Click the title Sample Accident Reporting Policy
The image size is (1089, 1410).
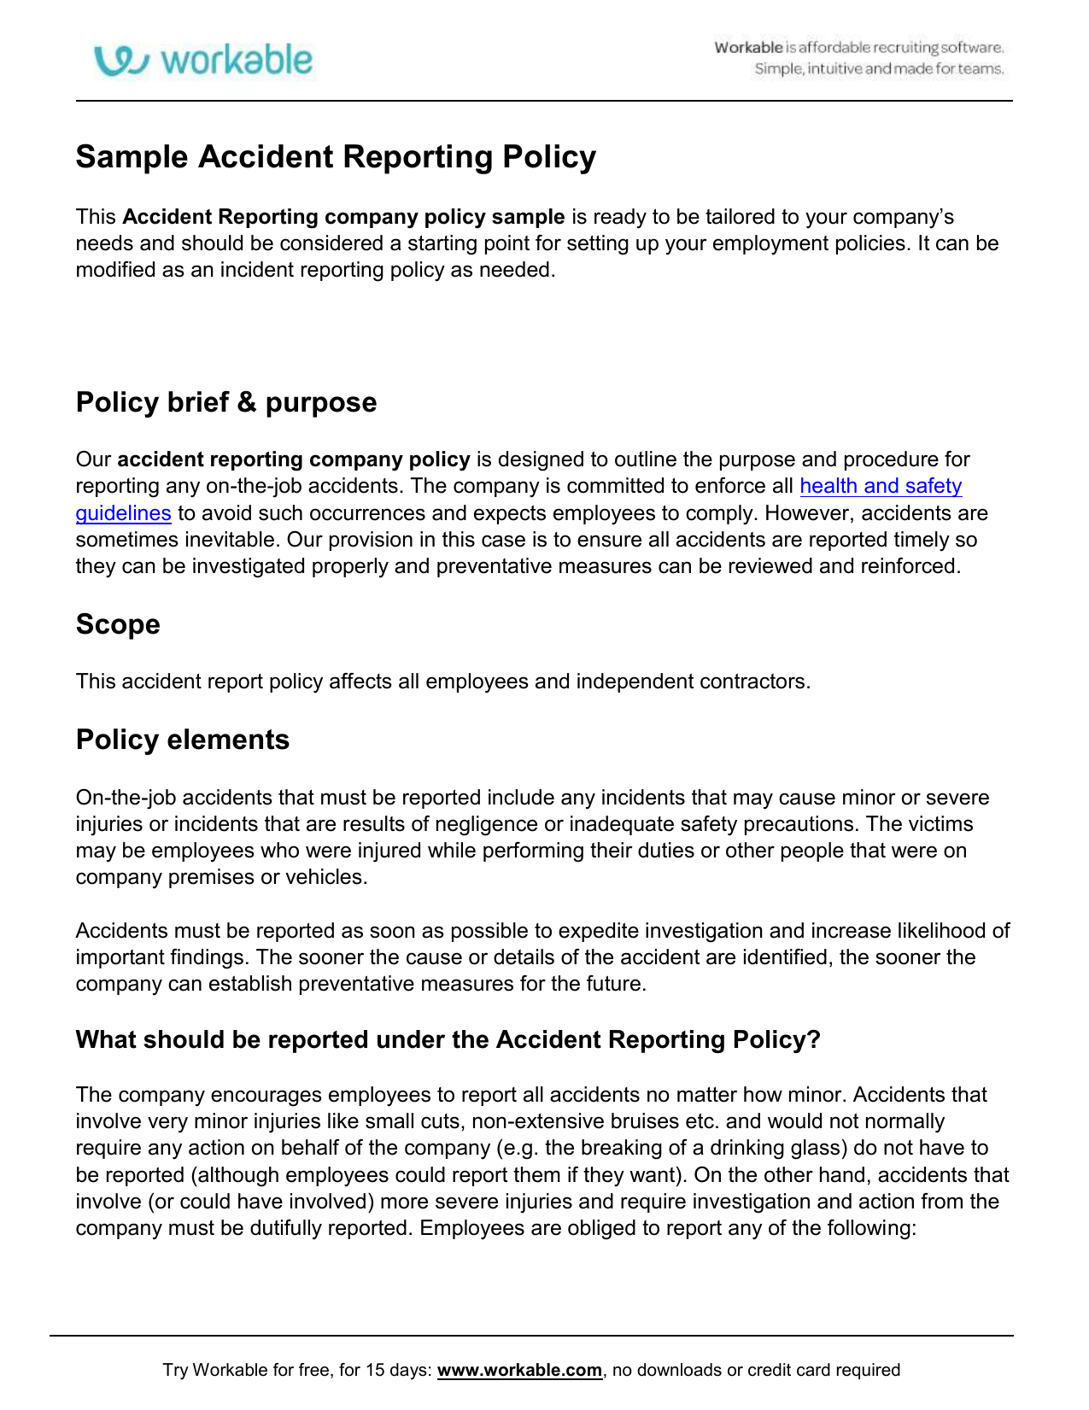pyautogui.click(x=336, y=157)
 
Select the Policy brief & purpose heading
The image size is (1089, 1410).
pyautogui.click(x=226, y=402)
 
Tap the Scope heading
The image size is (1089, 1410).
pyautogui.click(x=118, y=624)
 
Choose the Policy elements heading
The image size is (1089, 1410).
pyautogui.click(x=183, y=740)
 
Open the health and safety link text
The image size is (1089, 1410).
pyautogui.click(x=881, y=486)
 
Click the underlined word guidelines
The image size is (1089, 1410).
pyautogui.click(x=123, y=513)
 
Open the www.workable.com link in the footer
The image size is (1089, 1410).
pyautogui.click(x=519, y=1370)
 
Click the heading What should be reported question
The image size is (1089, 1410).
pyautogui.click(x=448, y=1039)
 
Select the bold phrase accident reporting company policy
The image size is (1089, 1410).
pyautogui.click(x=294, y=459)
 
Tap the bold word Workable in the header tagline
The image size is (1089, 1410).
pyautogui.click(x=748, y=48)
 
